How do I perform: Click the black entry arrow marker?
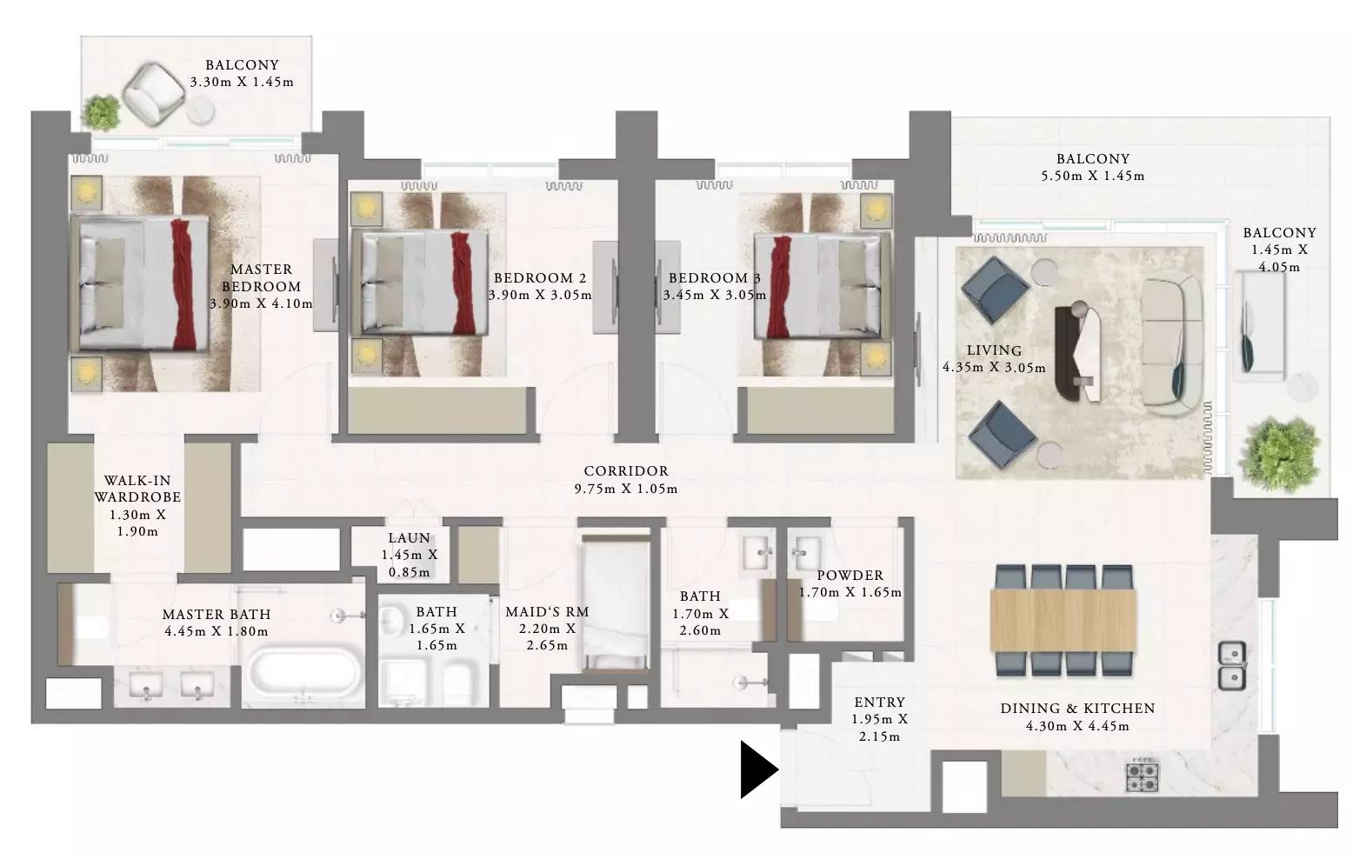758,769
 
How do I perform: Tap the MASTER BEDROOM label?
261,278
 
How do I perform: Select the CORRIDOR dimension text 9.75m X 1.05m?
626,489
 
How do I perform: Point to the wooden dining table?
1063,621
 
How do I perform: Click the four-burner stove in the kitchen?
1142,777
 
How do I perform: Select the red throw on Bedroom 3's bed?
778,287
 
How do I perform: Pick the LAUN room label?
409,537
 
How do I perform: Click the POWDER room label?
850,575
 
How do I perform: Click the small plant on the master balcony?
101,112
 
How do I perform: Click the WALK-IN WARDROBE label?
137,489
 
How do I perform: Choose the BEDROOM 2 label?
539,278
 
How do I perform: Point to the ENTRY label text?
879,702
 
